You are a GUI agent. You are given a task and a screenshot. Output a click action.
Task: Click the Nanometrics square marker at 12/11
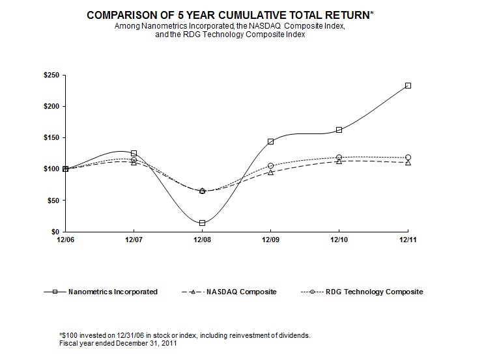pos(408,85)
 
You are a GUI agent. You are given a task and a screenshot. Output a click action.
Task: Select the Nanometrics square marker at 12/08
pos(202,223)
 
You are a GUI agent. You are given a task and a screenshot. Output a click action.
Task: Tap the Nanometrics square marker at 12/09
pos(270,141)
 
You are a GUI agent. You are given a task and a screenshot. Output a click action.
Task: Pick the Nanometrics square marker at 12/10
pos(339,130)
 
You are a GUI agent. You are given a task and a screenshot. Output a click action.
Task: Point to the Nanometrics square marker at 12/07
pos(134,153)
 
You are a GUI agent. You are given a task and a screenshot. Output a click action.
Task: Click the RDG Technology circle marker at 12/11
pos(408,157)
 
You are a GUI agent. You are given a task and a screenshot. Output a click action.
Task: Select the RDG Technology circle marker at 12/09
pos(270,166)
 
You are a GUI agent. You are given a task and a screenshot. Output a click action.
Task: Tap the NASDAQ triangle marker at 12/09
pos(270,172)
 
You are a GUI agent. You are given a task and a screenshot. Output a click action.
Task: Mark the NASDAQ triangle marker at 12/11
pos(408,162)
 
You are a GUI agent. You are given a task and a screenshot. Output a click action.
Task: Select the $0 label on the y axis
pos(55,232)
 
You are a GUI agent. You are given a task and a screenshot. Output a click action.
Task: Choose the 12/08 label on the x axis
pos(202,240)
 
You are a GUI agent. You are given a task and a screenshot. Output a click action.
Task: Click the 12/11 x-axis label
pos(408,240)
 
